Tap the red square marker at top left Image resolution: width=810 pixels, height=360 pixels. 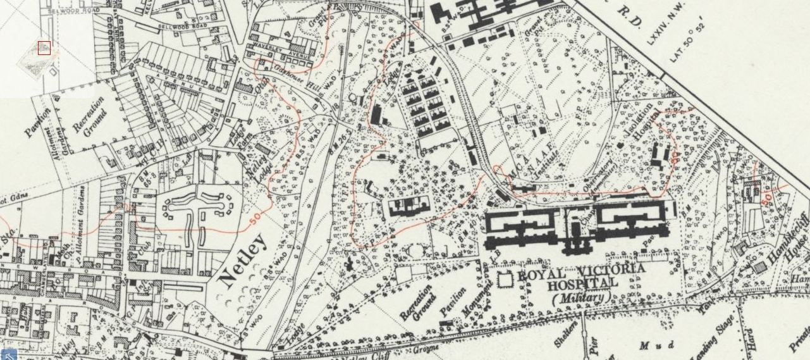coord(44,47)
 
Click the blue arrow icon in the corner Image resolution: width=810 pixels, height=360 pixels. coord(8,354)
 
